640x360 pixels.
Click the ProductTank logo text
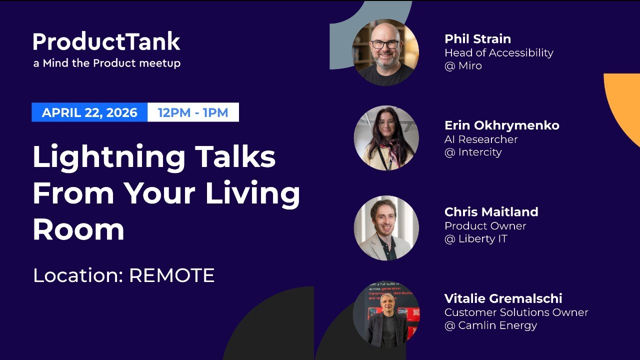[106, 42]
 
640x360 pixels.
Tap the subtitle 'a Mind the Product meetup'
[106, 63]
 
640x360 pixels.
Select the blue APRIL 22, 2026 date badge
[89, 112]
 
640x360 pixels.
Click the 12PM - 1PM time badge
[193, 112]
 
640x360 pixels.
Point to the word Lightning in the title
[109, 157]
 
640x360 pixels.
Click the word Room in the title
[78, 229]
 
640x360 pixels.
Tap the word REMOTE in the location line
[171, 275]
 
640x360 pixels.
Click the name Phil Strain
[477, 39]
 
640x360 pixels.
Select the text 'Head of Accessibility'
[498, 52]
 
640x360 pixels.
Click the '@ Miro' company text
[463, 66]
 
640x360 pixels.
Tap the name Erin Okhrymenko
[501, 125]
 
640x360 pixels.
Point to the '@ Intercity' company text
[472, 152]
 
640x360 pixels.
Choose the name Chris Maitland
[491, 212]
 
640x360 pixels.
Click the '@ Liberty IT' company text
[475, 239]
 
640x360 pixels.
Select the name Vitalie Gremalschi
[503, 298]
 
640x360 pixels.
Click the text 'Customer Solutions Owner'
[516, 312]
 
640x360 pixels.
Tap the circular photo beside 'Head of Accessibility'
[385, 52]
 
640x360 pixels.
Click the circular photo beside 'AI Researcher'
[386, 138]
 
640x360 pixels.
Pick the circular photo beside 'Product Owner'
[386, 228]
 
